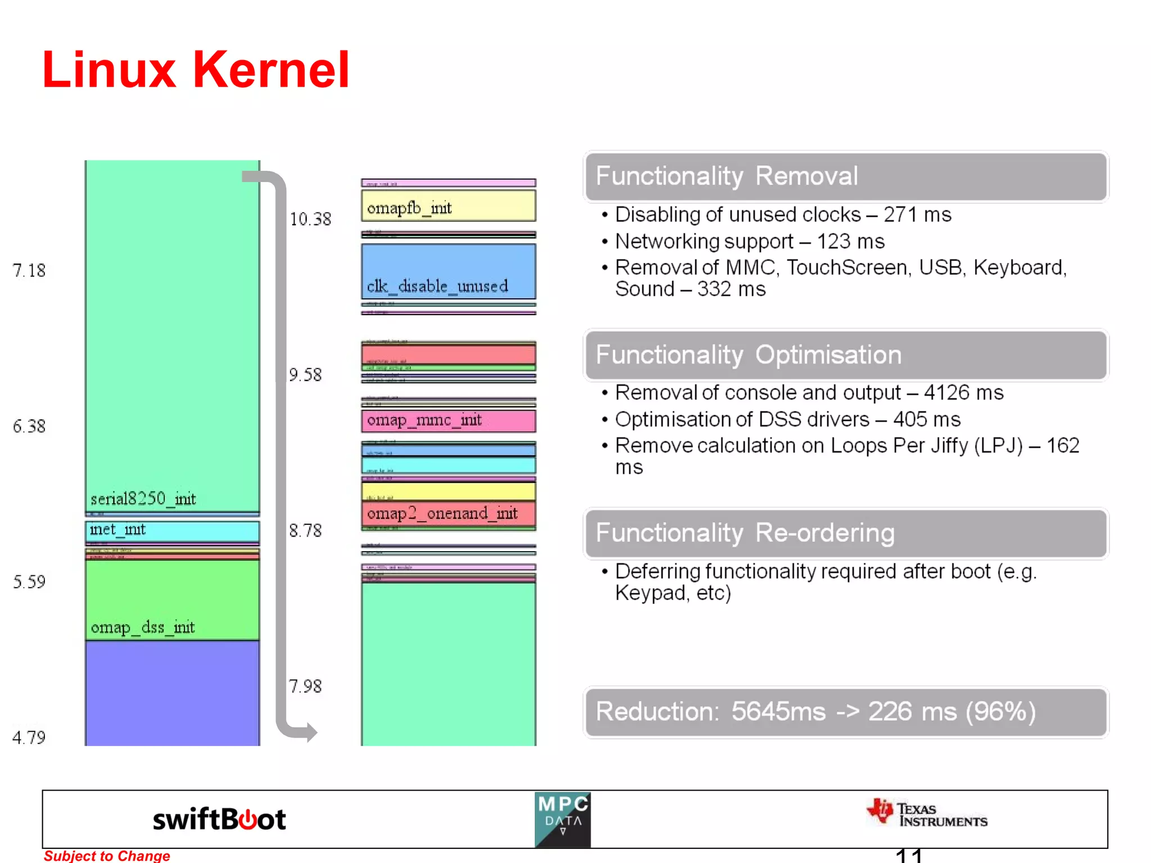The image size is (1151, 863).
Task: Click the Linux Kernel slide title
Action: [x=196, y=70]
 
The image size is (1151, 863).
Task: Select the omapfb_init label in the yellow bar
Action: [x=409, y=208]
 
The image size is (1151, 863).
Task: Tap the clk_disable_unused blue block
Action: [x=448, y=272]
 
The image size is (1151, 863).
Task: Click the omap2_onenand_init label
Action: [x=442, y=514]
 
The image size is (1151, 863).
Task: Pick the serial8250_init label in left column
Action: [x=143, y=499]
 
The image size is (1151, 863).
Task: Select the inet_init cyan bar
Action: [x=172, y=530]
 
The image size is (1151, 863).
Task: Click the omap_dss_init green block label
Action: [x=143, y=627]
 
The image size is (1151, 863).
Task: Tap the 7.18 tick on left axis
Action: [x=29, y=270]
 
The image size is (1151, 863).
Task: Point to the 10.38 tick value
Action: [x=310, y=219]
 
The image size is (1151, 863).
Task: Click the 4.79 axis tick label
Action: [x=29, y=737]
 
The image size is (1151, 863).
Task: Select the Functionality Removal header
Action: [x=845, y=176]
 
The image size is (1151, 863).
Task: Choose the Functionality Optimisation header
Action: [x=845, y=355]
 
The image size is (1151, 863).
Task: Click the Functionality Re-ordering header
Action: [x=845, y=533]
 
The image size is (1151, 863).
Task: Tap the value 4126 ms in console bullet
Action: [x=963, y=393]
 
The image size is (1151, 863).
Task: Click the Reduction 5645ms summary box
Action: [x=845, y=712]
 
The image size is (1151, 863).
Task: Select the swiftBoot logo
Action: [x=219, y=819]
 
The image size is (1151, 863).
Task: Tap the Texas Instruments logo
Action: [x=927, y=814]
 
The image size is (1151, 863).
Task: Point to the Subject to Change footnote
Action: [x=107, y=856]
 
